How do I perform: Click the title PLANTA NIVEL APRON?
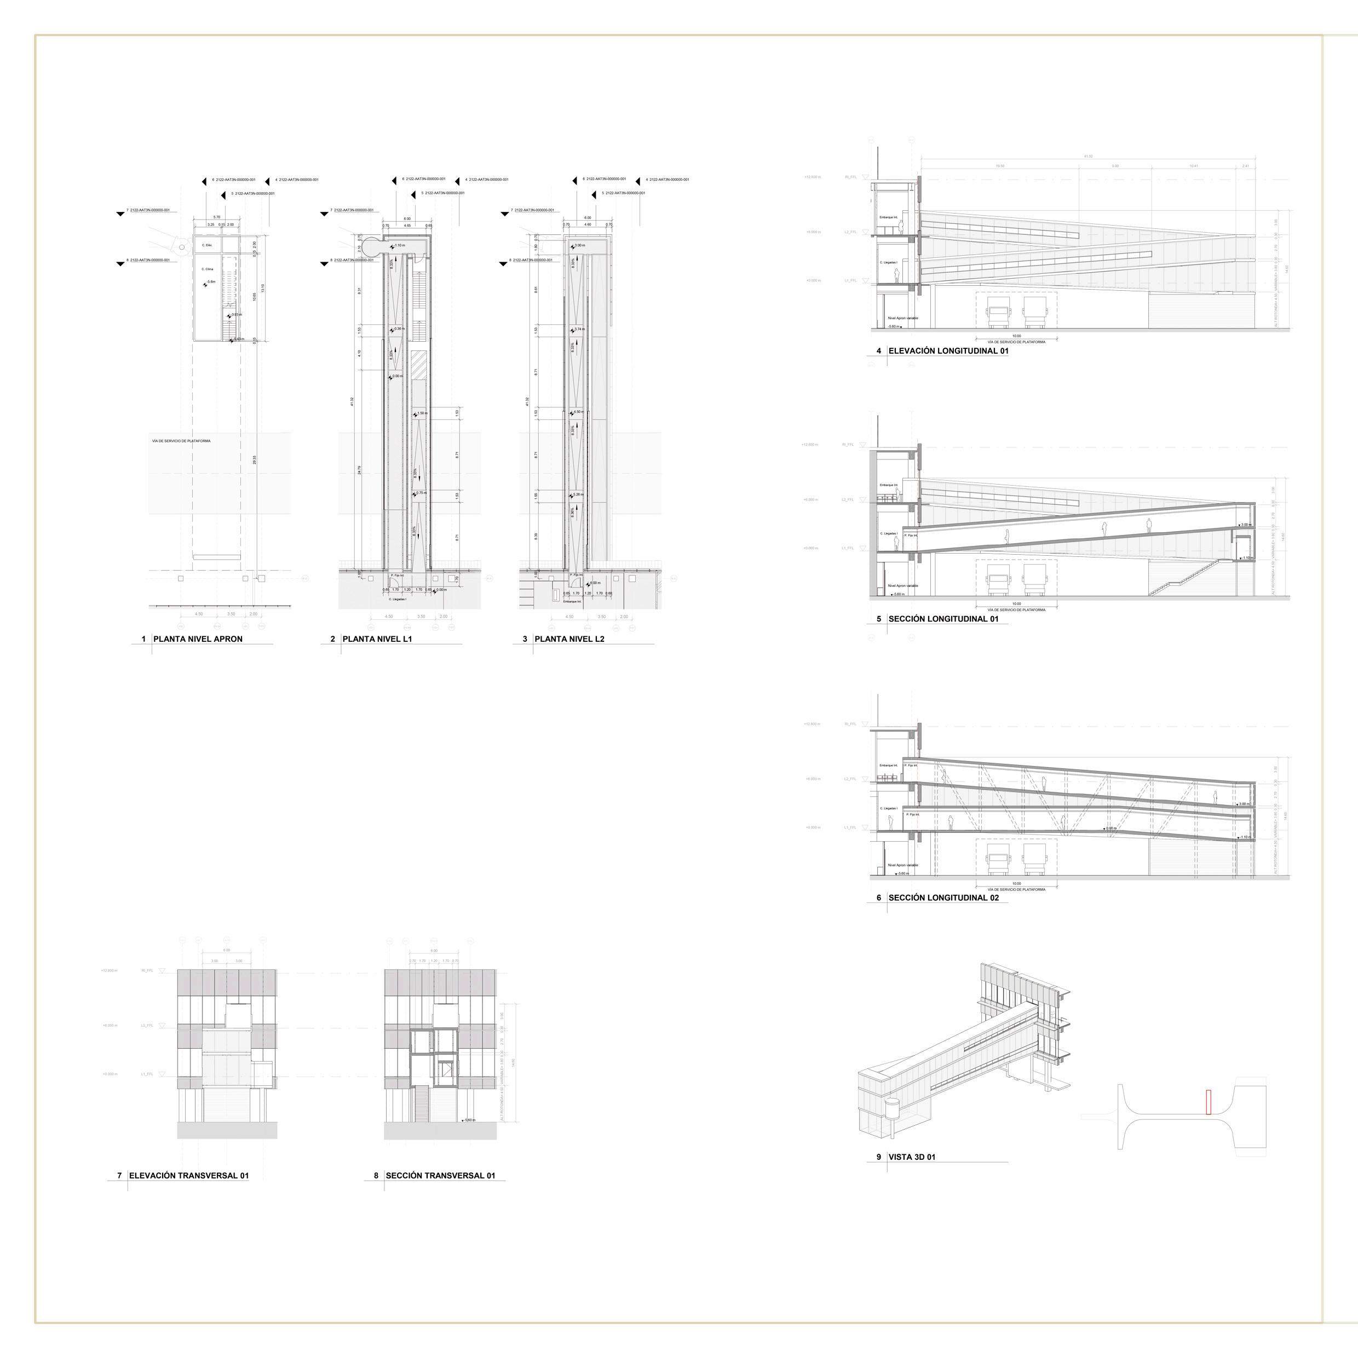pos(198,639)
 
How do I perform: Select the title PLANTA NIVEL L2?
pos(569,639)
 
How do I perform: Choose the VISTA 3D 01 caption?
pos(912,1157)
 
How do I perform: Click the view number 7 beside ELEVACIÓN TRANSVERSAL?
pos(119,1175)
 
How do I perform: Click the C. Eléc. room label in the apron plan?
pos(206,245)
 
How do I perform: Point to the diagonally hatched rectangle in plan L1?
pos(419,365)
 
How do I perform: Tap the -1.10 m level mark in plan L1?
pos(399,245)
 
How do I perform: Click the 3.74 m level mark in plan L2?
pos(578,330)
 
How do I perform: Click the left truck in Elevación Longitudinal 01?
pos(999,312)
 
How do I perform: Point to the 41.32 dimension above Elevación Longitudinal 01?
pos(1087,156)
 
